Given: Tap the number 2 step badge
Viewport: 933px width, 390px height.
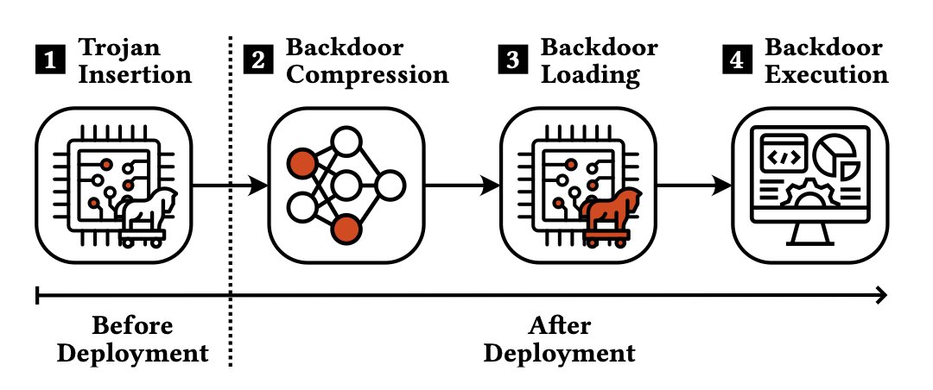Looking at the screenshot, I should [x=257, y=60].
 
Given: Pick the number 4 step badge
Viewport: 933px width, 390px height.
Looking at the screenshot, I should [x=733, y=60].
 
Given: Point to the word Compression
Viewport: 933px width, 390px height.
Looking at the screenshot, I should [x=367, y=75].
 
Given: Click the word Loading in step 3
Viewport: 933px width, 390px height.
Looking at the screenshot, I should [x=591, y=75].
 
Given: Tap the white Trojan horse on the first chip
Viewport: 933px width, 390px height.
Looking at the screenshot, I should [x=147, y=212].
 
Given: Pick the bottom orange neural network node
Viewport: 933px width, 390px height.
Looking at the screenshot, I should [x=346, y=229].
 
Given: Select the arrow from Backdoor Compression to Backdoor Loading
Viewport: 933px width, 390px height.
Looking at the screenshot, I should [x=463, y=184].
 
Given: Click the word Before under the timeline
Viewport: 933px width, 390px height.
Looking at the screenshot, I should [x=132, y=326].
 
